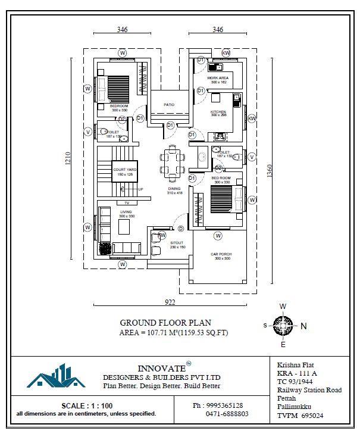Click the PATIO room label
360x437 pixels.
170,105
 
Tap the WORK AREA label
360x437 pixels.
217,79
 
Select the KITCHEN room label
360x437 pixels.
218,112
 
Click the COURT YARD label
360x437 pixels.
124,170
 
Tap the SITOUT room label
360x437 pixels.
178,244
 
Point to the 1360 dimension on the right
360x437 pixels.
271,170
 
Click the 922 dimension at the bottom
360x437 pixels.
170,302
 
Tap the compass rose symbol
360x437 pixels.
283,325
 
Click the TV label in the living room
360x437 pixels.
126,203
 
